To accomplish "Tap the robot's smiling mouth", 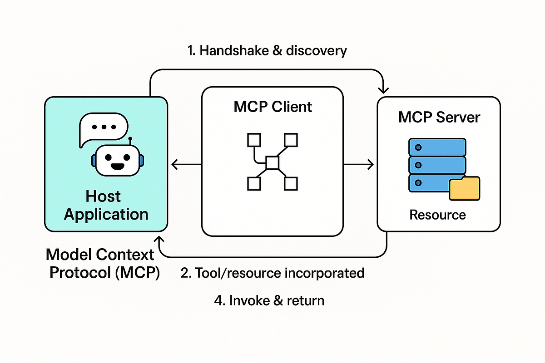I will (117, 166).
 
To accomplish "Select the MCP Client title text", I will (273, 107).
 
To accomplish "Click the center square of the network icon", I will (272, 162).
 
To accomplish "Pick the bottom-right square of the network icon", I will (291, 184).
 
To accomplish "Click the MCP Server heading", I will (439, 118).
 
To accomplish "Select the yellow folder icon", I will (464, 189).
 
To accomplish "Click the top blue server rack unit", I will (437, 147).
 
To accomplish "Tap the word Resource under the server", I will (437, 215).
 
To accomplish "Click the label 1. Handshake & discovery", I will (267, 50).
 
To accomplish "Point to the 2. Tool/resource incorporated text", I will (272, 273).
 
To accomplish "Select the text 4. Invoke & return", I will (269, 300).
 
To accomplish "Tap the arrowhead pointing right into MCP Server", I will (371, 164).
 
